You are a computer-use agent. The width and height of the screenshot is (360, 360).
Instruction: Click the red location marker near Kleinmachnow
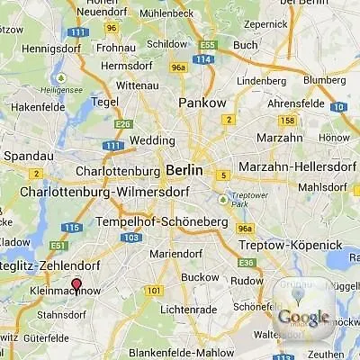tap(76, 286)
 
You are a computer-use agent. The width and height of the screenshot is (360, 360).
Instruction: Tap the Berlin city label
tap(184, 170)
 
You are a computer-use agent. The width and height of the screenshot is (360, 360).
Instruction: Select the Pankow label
tap(202, 103)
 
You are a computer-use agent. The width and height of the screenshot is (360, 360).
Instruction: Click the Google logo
tap(303, 317)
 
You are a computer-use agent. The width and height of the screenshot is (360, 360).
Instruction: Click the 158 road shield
tap(288, 120)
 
